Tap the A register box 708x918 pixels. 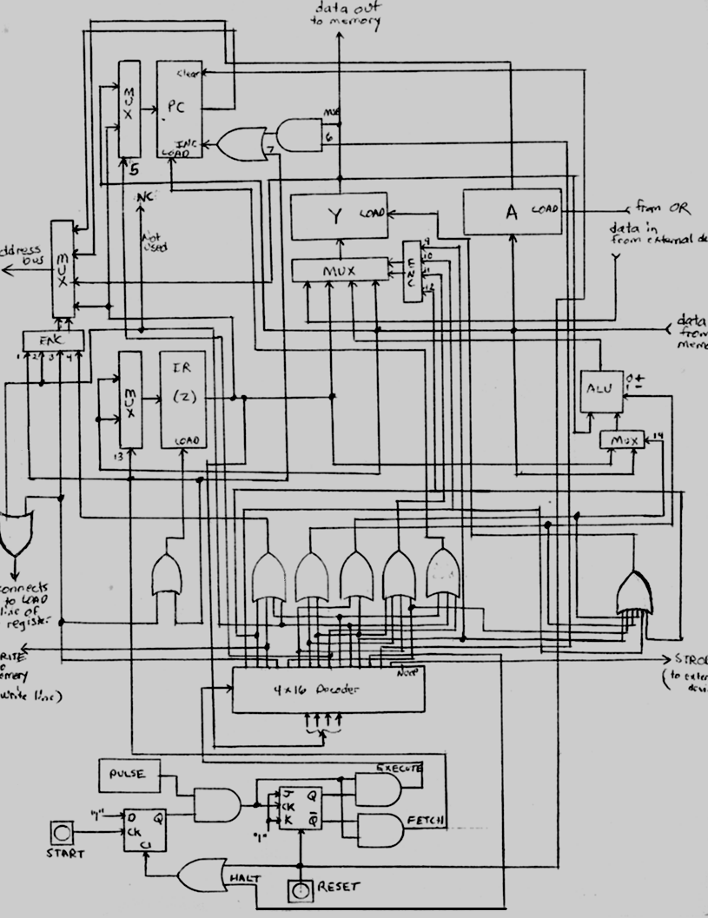[x=512, y=212]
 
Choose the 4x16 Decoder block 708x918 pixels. [x=328, y=690]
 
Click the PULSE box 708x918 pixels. [x=129, y=773]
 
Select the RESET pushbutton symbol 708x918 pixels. [x=300, y=889]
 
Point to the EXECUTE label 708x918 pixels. [x=399, y=769]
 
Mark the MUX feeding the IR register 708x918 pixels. [x=130, y=400]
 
